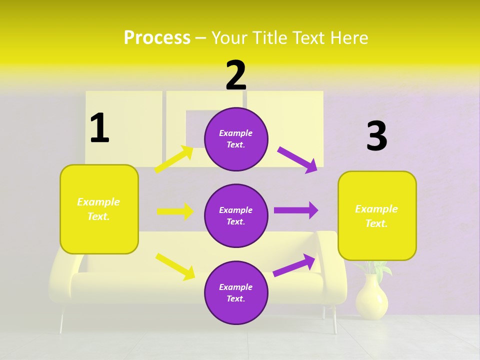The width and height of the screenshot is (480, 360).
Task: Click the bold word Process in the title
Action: point(157,38)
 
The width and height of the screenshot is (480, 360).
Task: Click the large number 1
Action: point(99,128)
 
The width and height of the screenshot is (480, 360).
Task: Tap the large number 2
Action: point(236,75)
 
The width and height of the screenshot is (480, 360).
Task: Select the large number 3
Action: point(376,136)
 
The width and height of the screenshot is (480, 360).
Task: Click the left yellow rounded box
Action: point(99,209)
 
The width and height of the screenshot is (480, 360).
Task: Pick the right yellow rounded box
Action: point(377,215)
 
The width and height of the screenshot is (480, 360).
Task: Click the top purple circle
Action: point(236,139)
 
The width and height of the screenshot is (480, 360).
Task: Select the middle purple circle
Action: point(236,215)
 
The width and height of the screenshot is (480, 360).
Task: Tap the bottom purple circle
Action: point(236,292)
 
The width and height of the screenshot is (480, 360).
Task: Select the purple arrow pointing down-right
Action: point(297,159)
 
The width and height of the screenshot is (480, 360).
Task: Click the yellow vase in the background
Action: point(371,298)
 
